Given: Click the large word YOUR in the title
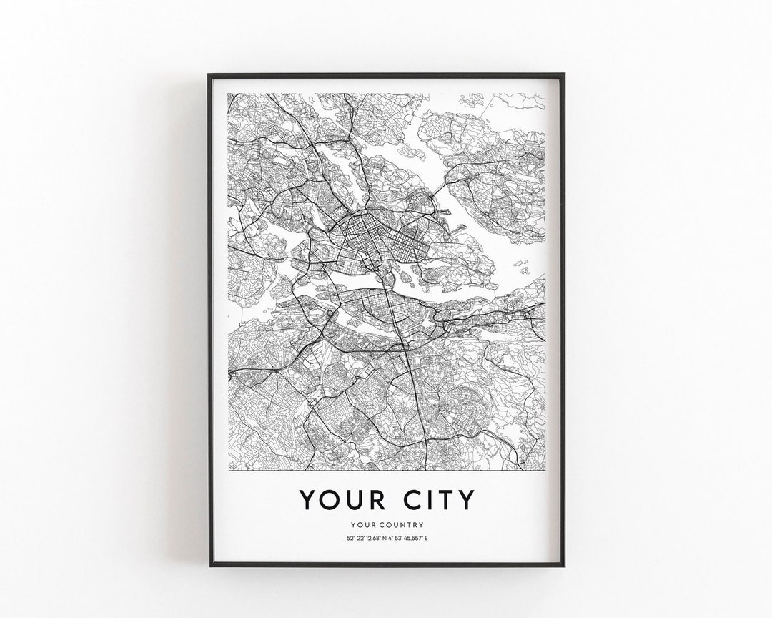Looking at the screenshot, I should tap(339, 499).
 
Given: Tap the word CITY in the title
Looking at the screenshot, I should tap(435, 499).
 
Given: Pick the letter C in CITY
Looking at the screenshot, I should tap(406, 499).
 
